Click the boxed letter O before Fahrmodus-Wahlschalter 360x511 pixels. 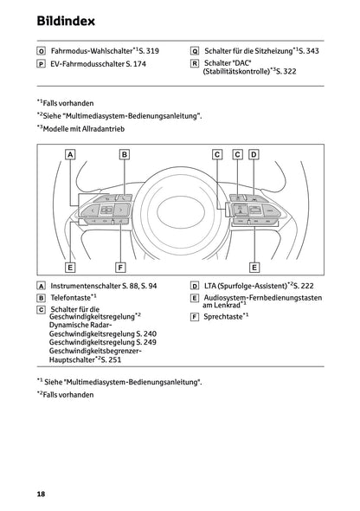coord(41,51)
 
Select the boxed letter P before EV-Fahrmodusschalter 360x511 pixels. coord(41,64)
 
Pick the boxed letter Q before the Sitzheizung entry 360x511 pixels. coord(195,51)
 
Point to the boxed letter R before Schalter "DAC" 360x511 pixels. coord(195,64)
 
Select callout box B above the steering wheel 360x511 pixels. coord(125,154)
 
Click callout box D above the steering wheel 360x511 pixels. coord(254,154)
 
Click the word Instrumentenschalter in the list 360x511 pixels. coord(83,285)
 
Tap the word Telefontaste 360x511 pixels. coord(69,297)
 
